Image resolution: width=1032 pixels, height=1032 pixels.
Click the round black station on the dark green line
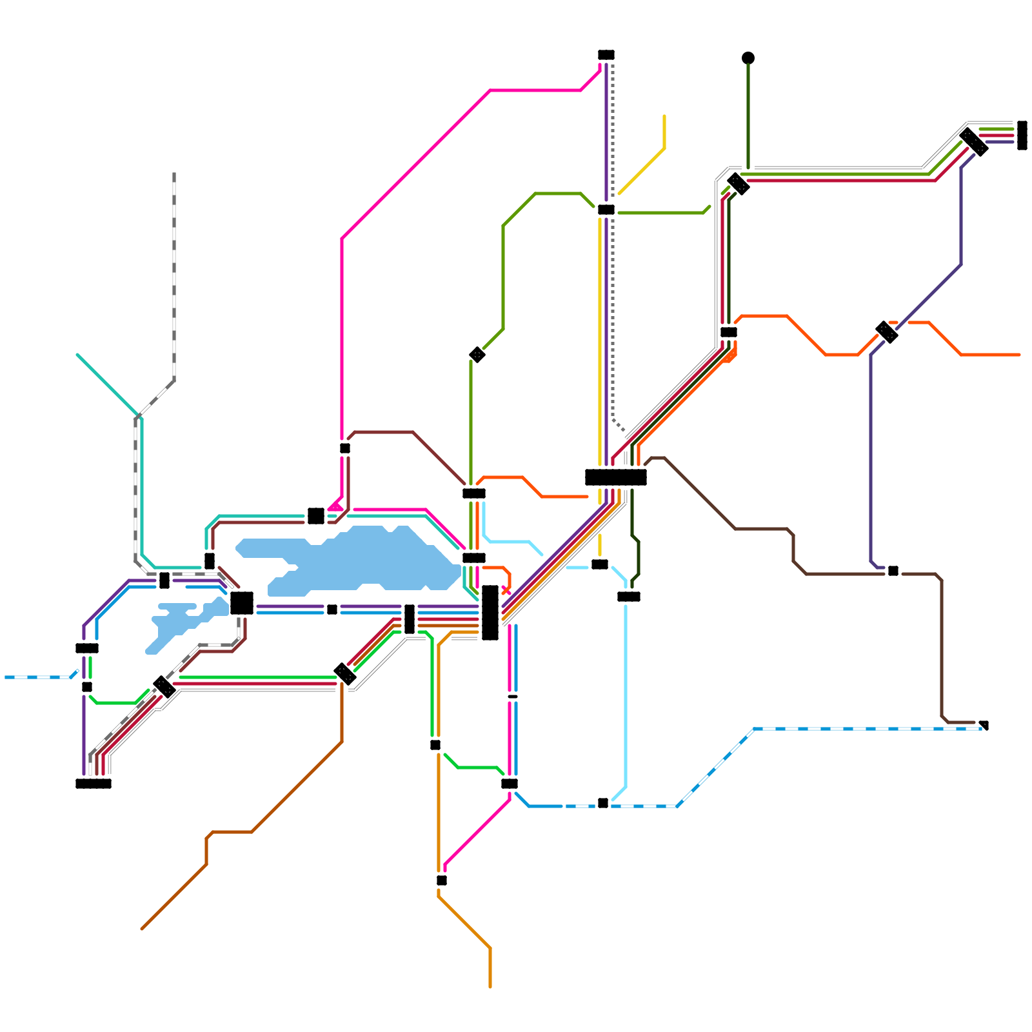click(748, 58)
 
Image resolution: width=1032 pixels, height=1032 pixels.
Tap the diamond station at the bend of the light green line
click(477, 355)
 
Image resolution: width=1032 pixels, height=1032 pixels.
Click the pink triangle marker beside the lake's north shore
click(336, 506)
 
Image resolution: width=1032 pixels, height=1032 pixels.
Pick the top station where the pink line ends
click(606, 55)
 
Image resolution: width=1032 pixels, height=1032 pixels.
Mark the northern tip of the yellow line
click(664, 117)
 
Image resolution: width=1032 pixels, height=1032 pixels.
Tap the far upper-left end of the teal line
click(77, 355)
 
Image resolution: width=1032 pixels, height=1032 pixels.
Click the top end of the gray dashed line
click(174, 174)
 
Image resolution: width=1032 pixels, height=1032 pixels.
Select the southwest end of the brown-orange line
click(142, 929)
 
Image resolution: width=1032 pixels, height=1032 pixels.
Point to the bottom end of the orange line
click(490, 987)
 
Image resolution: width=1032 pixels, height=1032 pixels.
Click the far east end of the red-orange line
click(1020, 355)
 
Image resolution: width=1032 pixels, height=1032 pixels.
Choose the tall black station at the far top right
click(1022, 135)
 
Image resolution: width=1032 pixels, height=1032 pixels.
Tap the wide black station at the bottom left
click(94, 784)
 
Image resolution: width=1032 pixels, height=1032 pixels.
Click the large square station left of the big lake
click(242, 603)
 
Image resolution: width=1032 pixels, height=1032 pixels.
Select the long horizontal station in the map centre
click(616, 477)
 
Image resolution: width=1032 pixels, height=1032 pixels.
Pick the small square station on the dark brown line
click(893, 571)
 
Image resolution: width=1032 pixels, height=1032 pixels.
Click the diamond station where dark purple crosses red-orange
click(887, 332)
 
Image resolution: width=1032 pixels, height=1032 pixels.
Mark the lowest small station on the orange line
click(442, 880)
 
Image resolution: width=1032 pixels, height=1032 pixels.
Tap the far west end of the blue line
click(6, 677)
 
